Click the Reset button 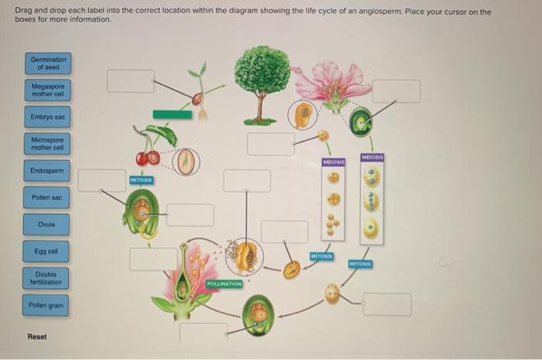37,336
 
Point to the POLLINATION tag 225,284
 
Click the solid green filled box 172,115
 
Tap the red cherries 146,158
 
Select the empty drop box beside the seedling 130,81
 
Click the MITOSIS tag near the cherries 142,180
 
